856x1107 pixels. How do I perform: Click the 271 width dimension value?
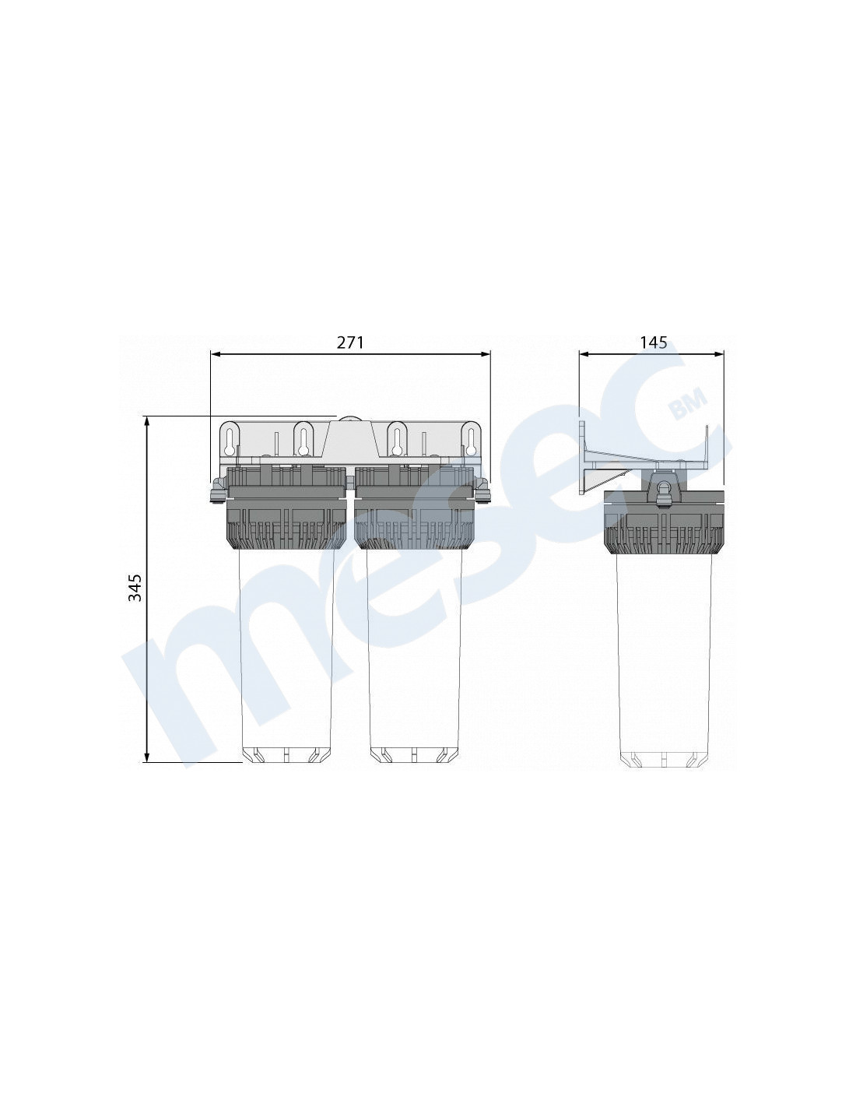(350, 343)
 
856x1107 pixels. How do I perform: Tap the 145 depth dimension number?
(653, 343)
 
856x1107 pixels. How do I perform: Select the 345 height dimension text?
(135, 588)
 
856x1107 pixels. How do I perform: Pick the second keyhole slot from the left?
(304, 440)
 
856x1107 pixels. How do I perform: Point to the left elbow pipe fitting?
(219, 490)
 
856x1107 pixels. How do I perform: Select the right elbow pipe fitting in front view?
(482, 490)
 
